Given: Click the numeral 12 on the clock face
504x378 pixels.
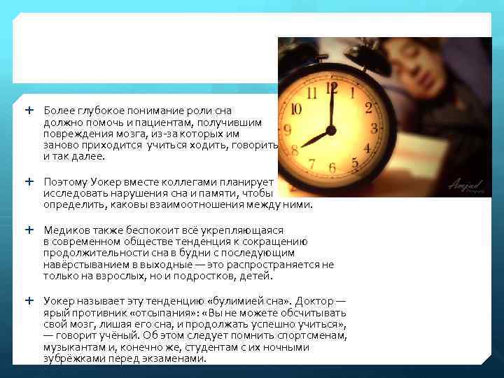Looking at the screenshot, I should point(331,89).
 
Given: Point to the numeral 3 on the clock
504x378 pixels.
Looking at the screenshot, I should point(374,128).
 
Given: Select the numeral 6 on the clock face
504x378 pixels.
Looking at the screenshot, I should point(332,168).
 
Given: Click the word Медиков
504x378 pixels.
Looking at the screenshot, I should point(65,230).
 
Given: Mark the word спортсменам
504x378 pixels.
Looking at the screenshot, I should point(308,335).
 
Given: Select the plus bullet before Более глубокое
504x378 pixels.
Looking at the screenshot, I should point(29,111).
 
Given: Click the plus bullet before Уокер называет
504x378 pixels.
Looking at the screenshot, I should point(29,300).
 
